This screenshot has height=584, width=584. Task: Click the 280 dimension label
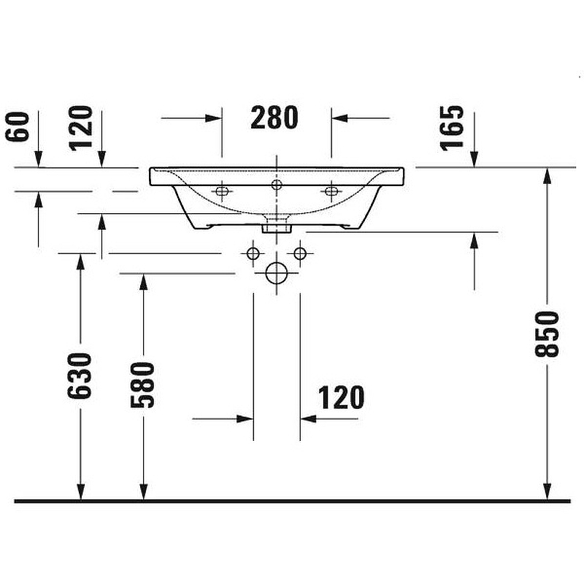click(274, 117)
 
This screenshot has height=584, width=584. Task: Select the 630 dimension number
click(81, 375)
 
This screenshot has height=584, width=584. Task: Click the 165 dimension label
click(453, 127)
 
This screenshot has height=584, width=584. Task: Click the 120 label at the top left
click(82, 127)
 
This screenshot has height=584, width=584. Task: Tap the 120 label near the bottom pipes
click(341, 398)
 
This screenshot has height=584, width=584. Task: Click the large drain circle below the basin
click(277, 273)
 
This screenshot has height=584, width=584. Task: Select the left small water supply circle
click(253, 253)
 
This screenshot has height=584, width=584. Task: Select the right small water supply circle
click(299, 253)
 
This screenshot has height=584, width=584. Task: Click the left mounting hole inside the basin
click(222, 192)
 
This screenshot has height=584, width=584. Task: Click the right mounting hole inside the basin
click(331, 192)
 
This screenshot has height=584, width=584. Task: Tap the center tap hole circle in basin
click(277, 185)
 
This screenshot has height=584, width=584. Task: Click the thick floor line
click(292, 501)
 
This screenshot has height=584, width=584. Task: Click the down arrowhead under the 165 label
click(474, 160)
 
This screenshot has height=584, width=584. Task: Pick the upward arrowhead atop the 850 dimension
click(547, 174)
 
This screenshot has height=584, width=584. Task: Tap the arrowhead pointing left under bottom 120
click(307, 419)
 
